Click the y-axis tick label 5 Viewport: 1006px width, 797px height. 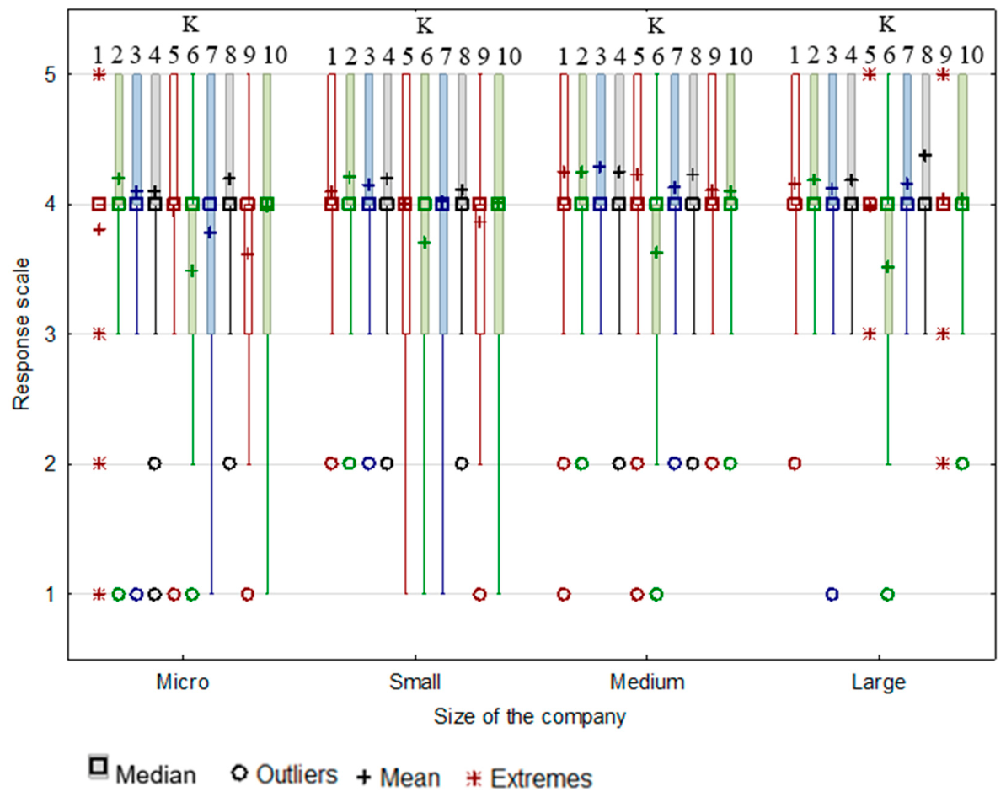click(50, 74)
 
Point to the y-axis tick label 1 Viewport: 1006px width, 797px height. click(50, 594)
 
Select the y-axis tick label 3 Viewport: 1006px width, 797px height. click(50, 334)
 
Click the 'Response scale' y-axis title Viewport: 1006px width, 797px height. click(21, 334)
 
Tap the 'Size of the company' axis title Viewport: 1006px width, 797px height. click(529, 716)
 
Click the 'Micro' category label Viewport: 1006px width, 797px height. click(183, 682)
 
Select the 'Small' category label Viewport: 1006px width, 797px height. click(415, 682)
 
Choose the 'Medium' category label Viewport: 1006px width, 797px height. click(647, 682)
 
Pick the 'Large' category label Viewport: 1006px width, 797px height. click(878, 682)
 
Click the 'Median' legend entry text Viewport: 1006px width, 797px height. click(156, 775)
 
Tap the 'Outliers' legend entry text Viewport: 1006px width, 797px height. click(297, 774)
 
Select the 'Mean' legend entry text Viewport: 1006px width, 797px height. click(410, 778)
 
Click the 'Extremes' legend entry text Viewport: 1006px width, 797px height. click(541, 778)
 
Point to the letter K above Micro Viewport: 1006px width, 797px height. click(190, 24)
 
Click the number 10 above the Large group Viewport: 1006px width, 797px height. click(971, 56)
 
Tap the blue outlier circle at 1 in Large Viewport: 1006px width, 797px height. click(832, 594)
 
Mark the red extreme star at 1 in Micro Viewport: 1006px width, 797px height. click(99, 594)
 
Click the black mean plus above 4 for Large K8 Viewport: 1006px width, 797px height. click(924, 155)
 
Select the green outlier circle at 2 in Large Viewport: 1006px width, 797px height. click(961, 463)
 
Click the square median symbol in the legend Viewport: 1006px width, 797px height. click(99, 766)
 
